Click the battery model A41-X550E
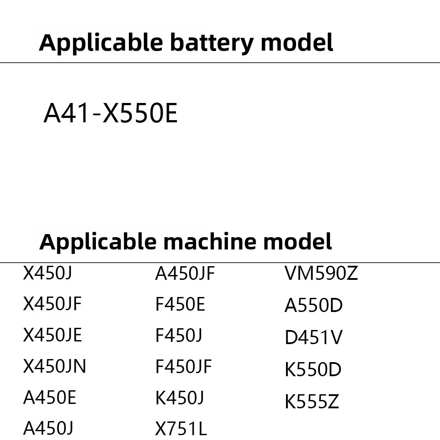coord(110,114)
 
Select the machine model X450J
coord(47,274)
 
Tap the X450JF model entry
coord(52,304)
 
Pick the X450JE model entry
coord(52,335)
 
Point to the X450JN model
coord(55,366)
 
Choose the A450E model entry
coord(50,398)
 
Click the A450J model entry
coord(48,428)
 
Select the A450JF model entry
coord(185,274)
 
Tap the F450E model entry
coord(180,304)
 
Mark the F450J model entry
coord(179,336)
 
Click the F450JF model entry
coord(184,367)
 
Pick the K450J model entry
coord(180,398)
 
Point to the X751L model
coord(181,428)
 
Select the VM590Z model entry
coord(321,274)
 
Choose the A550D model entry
coord(313,306)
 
